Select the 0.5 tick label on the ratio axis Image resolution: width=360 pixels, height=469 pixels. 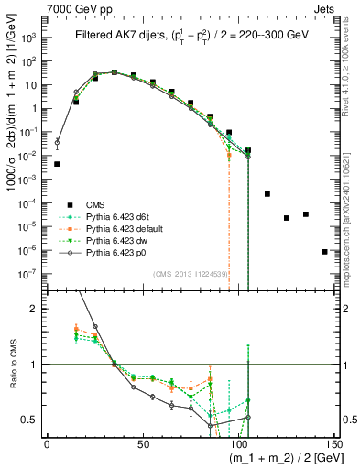(31, 420)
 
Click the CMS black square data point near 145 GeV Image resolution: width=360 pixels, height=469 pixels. (324, 251)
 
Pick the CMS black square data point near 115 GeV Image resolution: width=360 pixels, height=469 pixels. (267, 194)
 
